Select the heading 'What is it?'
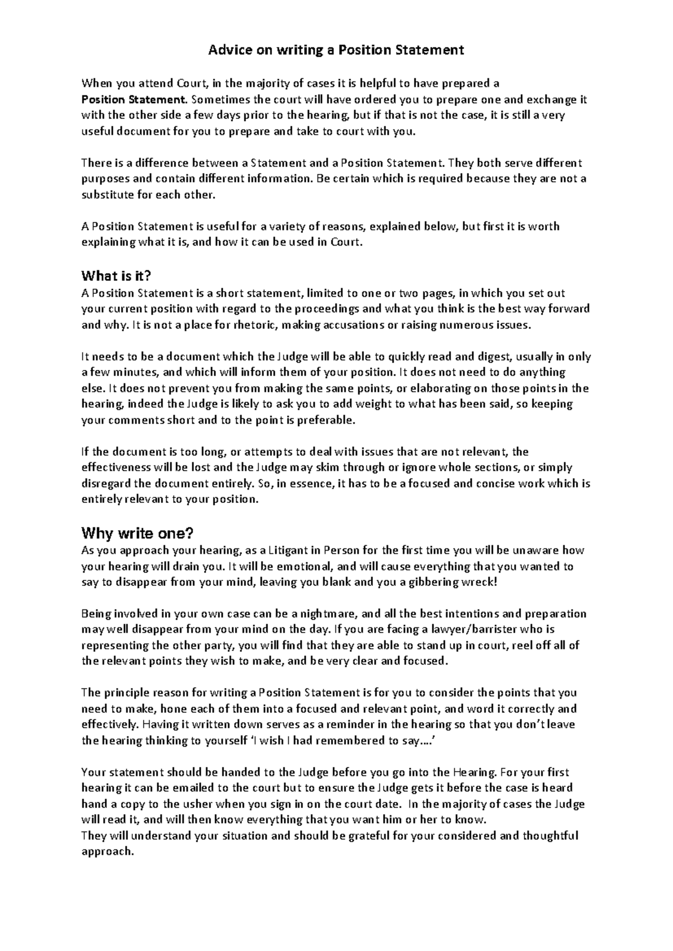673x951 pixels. pyautogui.click(x=117, y=276)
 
